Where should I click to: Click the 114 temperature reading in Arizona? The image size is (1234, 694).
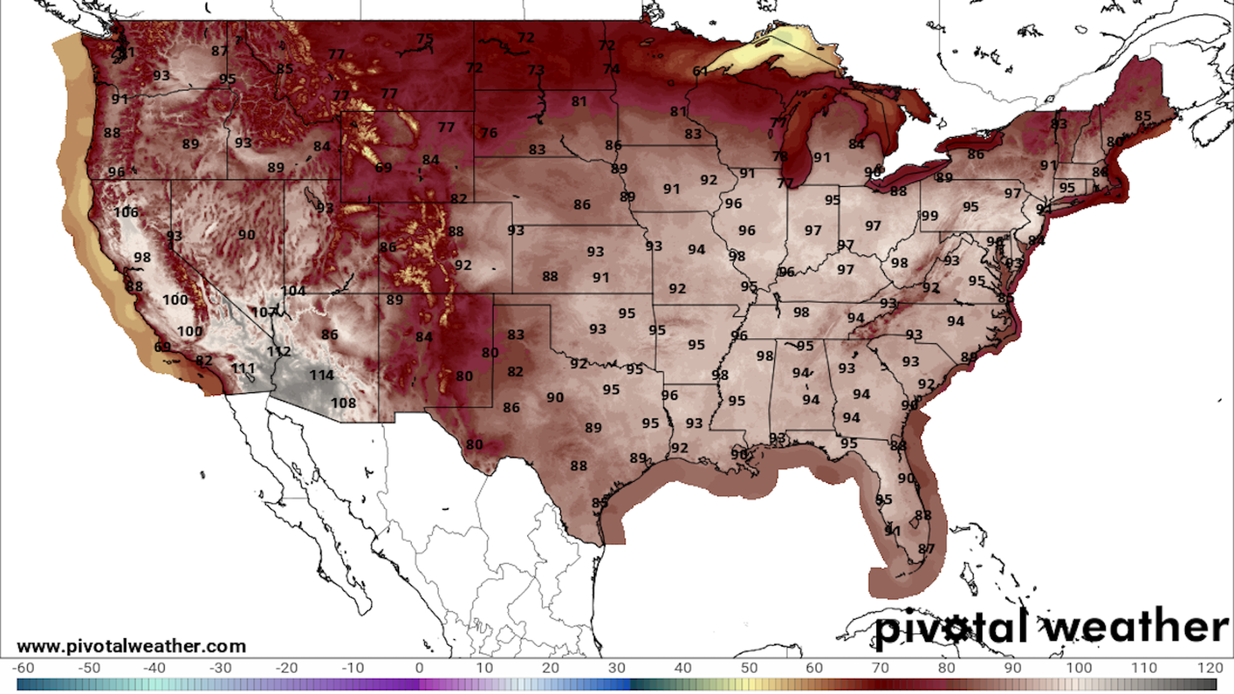click(321, 375)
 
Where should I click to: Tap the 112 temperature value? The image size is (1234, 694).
click(279, 351)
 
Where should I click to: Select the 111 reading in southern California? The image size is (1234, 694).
click(244, 368)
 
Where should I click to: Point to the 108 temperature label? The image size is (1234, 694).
click(343, 403)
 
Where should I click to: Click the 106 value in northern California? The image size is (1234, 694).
click(126, 212)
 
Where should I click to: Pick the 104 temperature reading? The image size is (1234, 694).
click(293, 290)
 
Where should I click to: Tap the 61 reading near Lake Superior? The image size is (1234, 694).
click(701, 71)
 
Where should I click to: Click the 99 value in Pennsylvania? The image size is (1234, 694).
click(929, 216)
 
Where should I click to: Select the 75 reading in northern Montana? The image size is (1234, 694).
click(425, 39)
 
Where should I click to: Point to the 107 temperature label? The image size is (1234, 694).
click(264, 312)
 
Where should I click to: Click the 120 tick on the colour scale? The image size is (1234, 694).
click(1210, 668)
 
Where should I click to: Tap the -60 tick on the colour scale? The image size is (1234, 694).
click(23, 668)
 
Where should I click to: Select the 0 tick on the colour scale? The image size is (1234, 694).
click(419, 668)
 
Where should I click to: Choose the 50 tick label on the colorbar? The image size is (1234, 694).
click(749, 668)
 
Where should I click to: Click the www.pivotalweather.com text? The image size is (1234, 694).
click(132, 646)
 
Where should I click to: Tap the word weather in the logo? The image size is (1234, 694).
click(1134, 627)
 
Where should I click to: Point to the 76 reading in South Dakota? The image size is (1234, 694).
click(489, 133)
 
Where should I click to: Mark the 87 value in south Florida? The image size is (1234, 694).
click(926, 548)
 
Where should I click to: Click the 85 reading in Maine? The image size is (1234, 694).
click(1143, 116)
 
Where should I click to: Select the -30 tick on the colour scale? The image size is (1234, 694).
click(220, 668)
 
